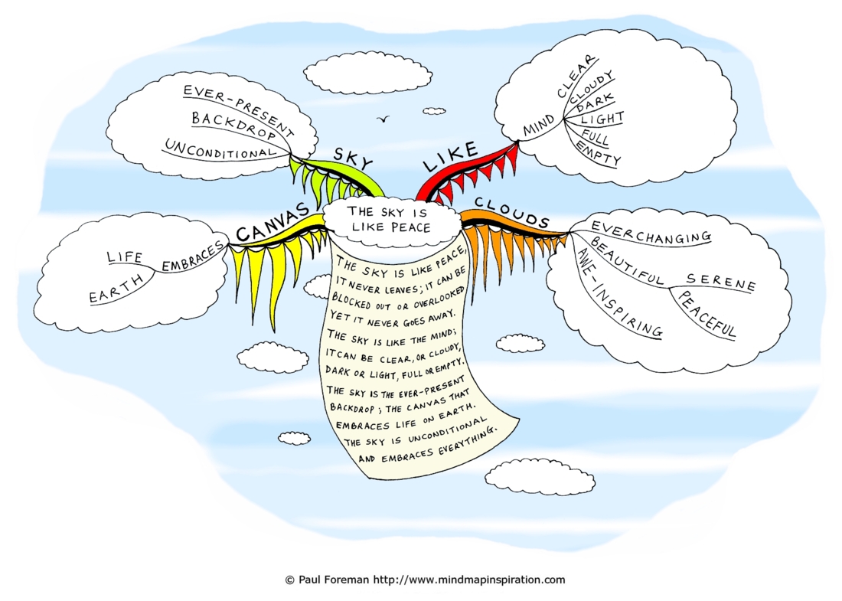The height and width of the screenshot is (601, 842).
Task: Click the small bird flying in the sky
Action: [383, 119]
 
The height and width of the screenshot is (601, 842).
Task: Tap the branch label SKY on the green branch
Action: [353, 158]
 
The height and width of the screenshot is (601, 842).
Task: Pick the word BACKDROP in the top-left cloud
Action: [233, 125]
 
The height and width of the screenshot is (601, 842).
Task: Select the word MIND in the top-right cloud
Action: [539, 127]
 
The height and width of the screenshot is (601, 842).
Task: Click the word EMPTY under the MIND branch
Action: [599, 153]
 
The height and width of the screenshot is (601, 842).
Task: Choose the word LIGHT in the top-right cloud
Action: [602, 119]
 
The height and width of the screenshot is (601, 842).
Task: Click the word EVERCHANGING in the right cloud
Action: [651, 231]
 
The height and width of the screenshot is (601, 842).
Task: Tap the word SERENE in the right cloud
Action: [720, 282]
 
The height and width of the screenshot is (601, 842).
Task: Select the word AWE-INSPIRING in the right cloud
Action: [618, 292]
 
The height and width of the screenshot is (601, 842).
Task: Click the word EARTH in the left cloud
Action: [116, 289]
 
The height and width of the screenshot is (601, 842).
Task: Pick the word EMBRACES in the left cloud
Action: [193, 256]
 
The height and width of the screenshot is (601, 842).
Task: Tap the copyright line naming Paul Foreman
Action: [425, 580]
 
